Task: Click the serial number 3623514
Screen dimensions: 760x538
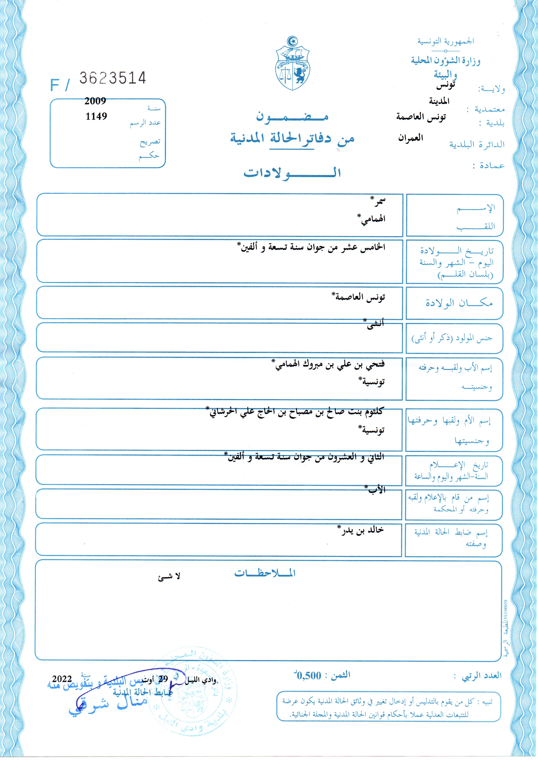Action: click(112, 78)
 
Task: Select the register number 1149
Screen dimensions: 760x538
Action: click(96, 116)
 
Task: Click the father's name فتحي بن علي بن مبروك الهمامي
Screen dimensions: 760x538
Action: click(330, 365)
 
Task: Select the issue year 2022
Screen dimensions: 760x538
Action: click(62, 679)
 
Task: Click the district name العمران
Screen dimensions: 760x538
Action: click(410, 138)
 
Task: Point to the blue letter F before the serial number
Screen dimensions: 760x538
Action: click(55, 85)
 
